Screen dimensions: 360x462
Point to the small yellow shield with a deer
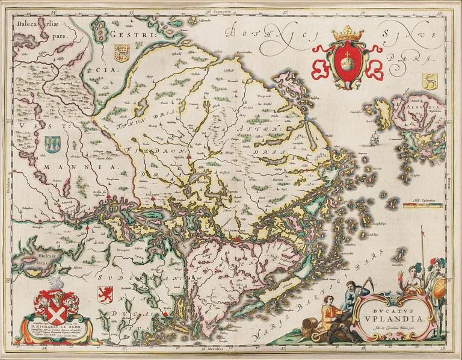click(x=429, y=81)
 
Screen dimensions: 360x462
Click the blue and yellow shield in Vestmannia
click(x=52, y=143)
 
